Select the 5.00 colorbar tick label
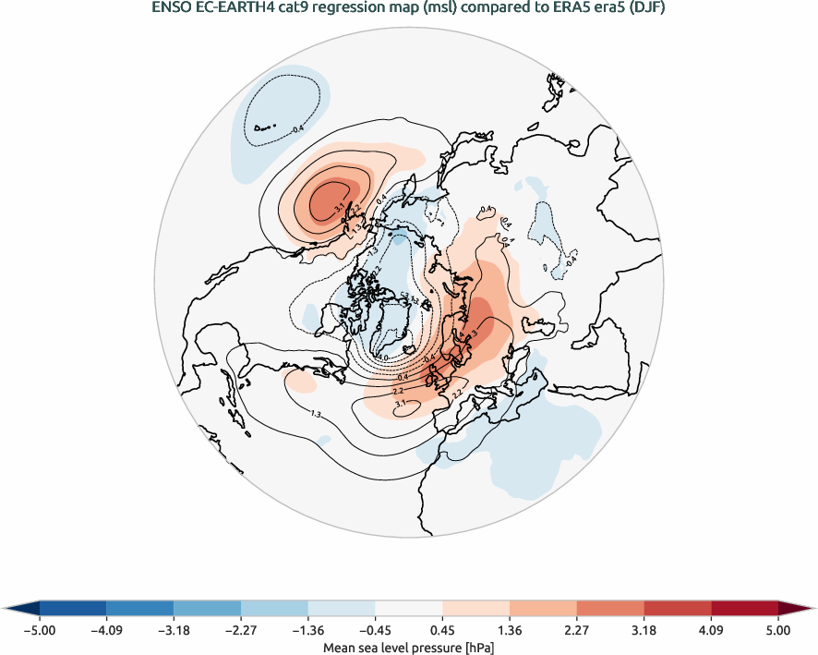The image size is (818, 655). pyautogui.click(x=777, y=630)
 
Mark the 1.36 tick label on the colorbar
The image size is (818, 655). pyautogui.click(x=509, y=630)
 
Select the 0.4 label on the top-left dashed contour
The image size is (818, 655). pyautogui.click(x=297, y=129)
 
